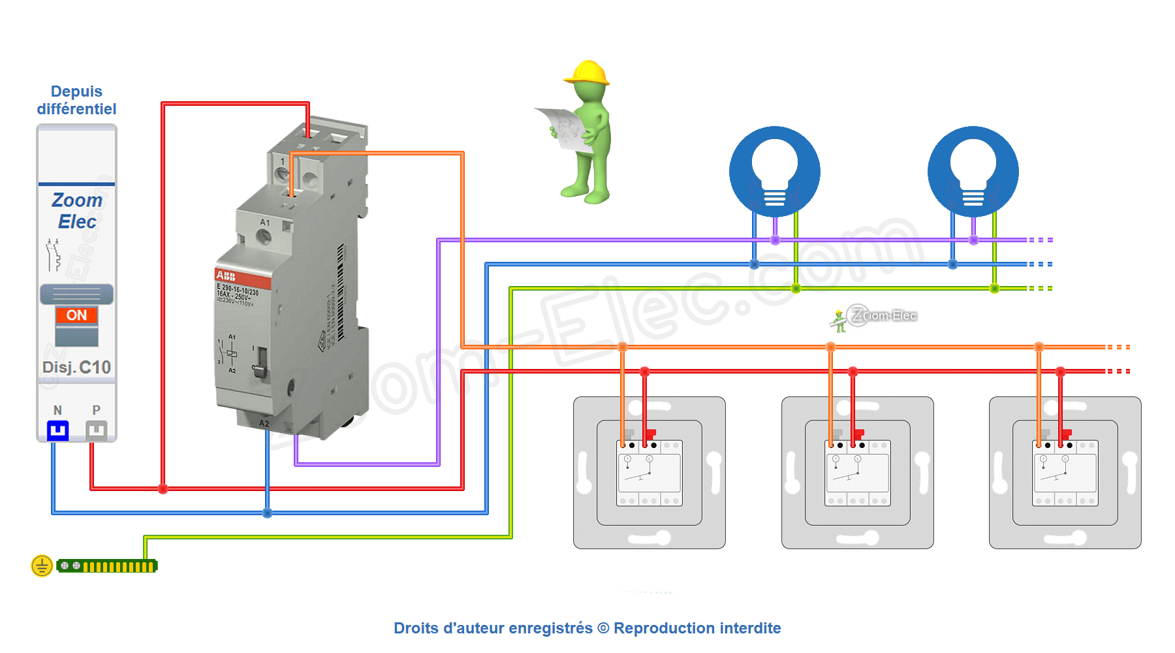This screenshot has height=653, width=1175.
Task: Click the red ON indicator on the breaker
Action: click(76, 315)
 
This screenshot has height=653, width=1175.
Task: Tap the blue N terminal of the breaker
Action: click(57, 430)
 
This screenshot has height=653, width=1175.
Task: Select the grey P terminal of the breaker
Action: click(96, 430)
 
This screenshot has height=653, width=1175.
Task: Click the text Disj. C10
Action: click(76, 368)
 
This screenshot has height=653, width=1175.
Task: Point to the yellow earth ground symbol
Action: click(42, 565)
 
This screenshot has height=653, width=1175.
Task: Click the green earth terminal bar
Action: click(107, 566)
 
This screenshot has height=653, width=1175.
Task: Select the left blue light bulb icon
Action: click(775, 171)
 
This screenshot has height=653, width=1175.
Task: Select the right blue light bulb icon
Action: click(973, 171)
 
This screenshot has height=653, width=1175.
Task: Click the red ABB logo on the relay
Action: click(226, 276)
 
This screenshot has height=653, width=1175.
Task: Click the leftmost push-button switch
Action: click(650, 473)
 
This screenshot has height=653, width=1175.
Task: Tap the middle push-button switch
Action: click(858, 473)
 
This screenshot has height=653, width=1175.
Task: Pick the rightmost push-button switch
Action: click(1065, 473)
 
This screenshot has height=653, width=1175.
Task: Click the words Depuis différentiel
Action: click(76, 100)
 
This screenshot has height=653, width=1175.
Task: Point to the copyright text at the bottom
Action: click(587, 628)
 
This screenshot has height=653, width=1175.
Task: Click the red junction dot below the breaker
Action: click(163, 488)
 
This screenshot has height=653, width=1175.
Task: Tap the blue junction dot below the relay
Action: click(267, 513)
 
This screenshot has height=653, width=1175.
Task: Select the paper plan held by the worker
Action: click(563, 126)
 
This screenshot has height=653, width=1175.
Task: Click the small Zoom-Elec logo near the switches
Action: click(875, 317)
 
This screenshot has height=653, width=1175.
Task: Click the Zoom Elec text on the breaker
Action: click(77, 210)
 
